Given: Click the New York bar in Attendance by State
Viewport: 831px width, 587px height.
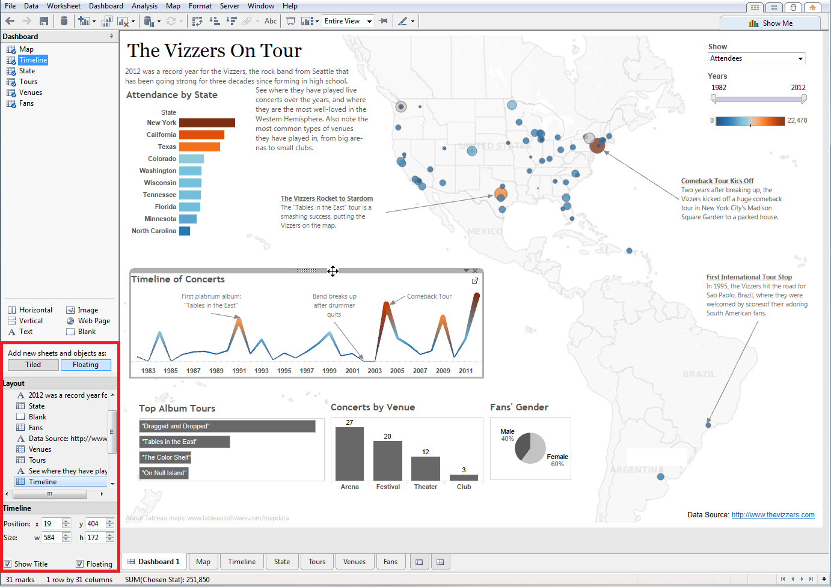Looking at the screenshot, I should (207, 123).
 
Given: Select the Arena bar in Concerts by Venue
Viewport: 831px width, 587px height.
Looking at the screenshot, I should (349, 454).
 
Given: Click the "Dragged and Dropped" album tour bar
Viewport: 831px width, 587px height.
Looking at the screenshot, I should (227, 426).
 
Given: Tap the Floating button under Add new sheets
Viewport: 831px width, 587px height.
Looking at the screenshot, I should (85, 365).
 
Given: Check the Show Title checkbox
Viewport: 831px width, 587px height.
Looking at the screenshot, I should (8, 564).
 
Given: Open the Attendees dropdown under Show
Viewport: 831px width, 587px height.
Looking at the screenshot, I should (756, 58).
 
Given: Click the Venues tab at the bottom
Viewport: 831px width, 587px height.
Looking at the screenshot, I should (354, 562).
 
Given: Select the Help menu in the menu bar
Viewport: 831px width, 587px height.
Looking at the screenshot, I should (290, 6).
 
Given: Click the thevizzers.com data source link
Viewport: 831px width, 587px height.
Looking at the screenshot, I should (773, 515).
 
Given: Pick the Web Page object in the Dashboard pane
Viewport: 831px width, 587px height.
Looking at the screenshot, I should (93, 321).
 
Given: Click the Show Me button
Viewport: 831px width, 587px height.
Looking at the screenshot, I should (770, 23).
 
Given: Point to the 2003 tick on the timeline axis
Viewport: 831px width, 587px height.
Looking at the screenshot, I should (375, 371).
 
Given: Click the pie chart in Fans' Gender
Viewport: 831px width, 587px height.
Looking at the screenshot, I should (530, 448).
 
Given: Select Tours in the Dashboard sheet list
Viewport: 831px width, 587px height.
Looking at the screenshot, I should (28, 82).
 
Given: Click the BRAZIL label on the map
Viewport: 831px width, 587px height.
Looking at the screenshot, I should (699, 374).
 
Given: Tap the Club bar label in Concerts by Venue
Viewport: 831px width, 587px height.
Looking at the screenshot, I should (464, 487).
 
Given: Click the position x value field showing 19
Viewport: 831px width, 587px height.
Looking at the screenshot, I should (51, 524).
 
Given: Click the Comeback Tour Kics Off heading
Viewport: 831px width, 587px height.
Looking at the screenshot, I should (717, 181).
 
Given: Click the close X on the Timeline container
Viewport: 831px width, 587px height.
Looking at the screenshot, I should (475, 271).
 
